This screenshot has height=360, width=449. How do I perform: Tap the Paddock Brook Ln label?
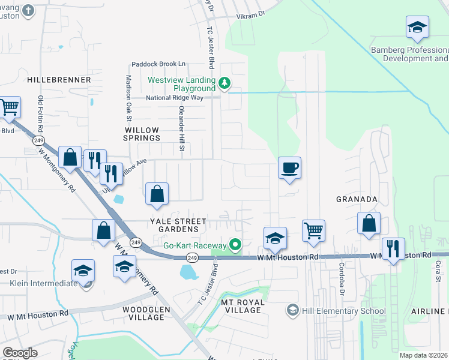(x=159, y=64)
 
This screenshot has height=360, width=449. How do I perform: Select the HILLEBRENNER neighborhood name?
(x=59, y=79)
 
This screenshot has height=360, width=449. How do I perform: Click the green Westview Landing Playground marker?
(x=224, y=83)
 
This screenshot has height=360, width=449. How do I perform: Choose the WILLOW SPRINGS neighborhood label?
(x=142, y=134)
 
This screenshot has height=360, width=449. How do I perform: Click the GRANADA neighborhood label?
(x=357, y=199)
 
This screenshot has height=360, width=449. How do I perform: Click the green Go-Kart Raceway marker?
(x=235, y=245)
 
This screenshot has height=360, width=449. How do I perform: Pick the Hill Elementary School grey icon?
(x=292, y=310)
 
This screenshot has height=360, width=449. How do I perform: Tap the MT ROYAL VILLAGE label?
(x=241, y=306)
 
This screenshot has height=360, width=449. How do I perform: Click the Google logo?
(x=20, y=353)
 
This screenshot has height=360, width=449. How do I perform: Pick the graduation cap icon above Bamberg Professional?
(x=417, y=27)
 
